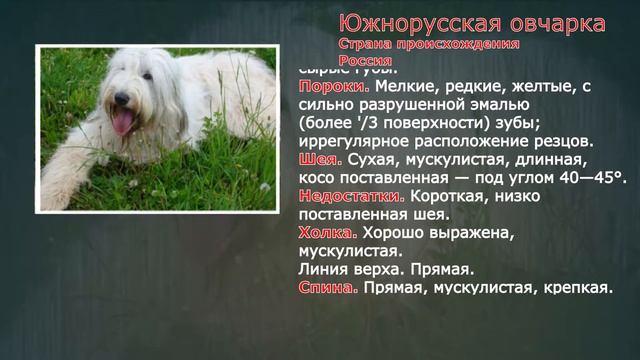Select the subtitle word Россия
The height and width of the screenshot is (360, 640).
(x=365, y=61)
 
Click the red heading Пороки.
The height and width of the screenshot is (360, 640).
(x=320, y=87)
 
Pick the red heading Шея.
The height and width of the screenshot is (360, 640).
(x=319, y=159)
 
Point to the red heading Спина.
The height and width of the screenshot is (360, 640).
(x=327, y=287)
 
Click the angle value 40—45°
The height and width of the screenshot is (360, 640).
(x=591, y=177)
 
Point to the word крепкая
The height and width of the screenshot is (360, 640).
(x=577, y=288)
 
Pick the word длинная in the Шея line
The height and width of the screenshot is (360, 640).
(x=550, y=159)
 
